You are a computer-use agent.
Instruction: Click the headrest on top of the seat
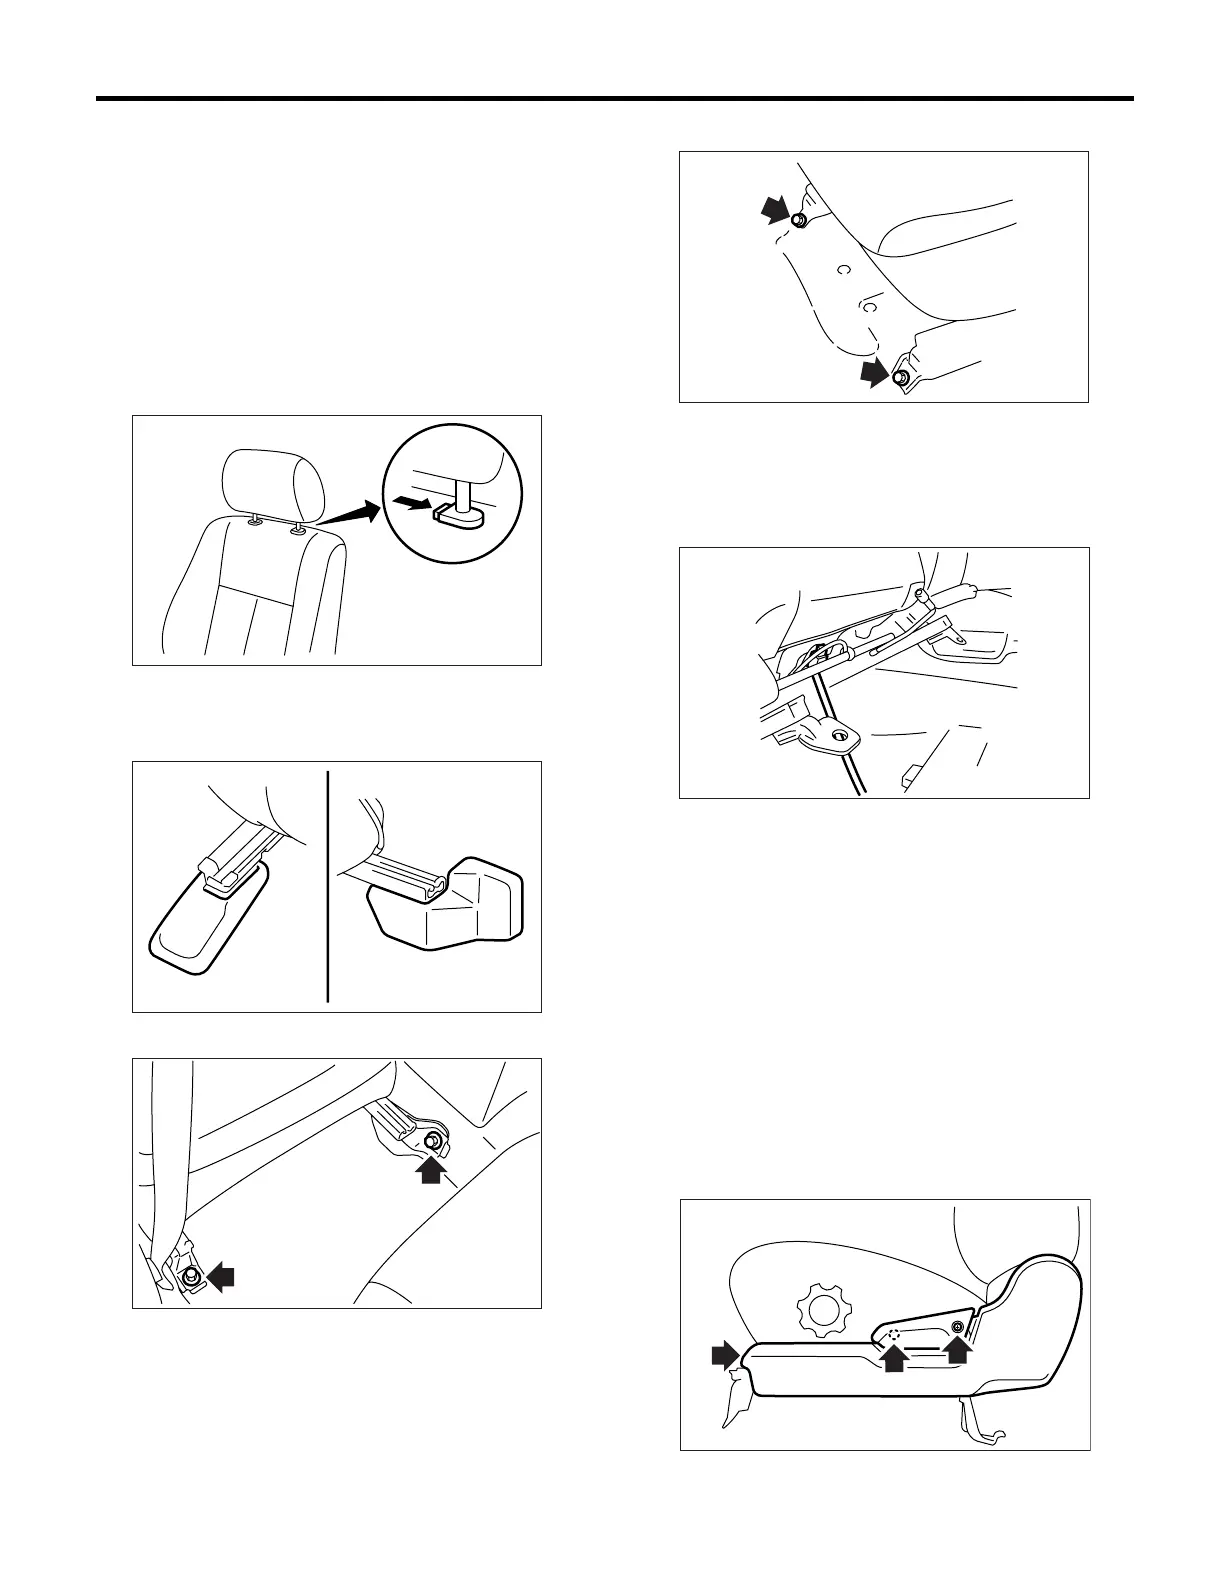(x=273, y=483)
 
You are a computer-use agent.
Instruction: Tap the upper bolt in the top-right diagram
(x=799, y=220)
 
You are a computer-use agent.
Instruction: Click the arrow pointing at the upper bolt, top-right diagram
(x=775, y=210)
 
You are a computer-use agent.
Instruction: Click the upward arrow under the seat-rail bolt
(x=431, y=1169)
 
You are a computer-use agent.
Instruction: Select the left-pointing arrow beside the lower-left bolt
(x=221, y=1277)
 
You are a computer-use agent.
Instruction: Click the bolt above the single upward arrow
(x=433, y=1142)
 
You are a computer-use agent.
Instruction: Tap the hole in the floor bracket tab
(x=839, y=737)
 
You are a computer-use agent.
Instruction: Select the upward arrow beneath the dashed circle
(x=894, y=1357)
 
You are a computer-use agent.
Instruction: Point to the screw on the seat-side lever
(x=957, y=1327)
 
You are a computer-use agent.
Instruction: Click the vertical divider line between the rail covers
(x=328, y=885)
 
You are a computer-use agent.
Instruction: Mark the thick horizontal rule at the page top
(x=614, y=99)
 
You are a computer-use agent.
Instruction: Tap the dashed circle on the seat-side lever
(x=895, y=1333)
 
